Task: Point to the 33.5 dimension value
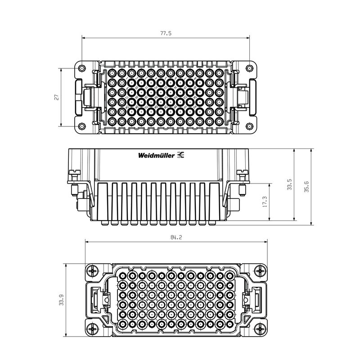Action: point(289,184)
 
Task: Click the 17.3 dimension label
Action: point(265,202)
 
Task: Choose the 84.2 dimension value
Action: point(176,237)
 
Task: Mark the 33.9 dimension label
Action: point(61,301)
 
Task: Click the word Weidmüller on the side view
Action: point(157,156)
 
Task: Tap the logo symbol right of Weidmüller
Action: point(182,155)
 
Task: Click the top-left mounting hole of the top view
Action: point(81,68)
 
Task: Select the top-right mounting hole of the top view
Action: point(248,68)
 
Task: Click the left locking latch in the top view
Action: point(88,97)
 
